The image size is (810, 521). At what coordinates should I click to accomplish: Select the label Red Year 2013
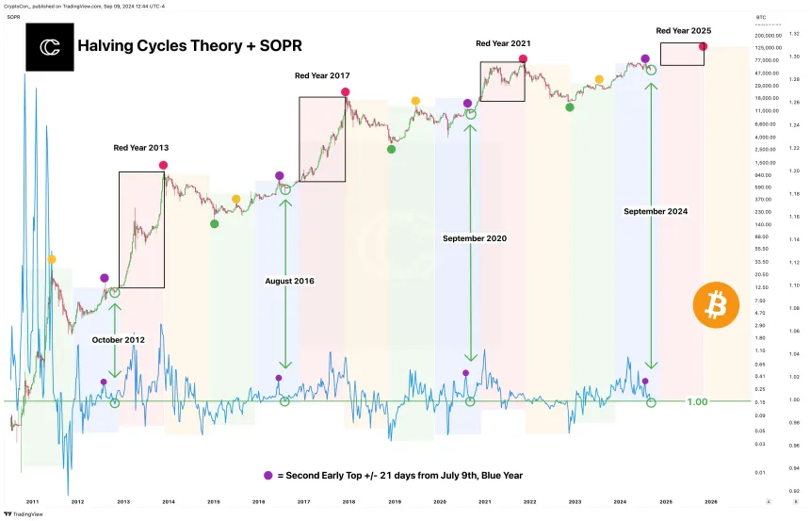click(141, 148)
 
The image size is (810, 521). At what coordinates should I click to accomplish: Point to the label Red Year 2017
click(322, 75)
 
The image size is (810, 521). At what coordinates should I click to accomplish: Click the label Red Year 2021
click(503, 43)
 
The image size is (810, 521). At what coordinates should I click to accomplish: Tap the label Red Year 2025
click(684, 31)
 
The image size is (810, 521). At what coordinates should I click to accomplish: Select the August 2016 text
click(290, 281)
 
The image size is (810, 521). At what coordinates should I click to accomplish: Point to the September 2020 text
click(475, 238)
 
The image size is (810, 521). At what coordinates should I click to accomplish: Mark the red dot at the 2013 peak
click(164, 165)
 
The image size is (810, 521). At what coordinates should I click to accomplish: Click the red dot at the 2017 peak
click(346, 91)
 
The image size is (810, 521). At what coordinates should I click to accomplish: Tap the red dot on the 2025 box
click(703, 46)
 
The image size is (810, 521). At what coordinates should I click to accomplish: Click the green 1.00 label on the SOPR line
click(697, 402)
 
